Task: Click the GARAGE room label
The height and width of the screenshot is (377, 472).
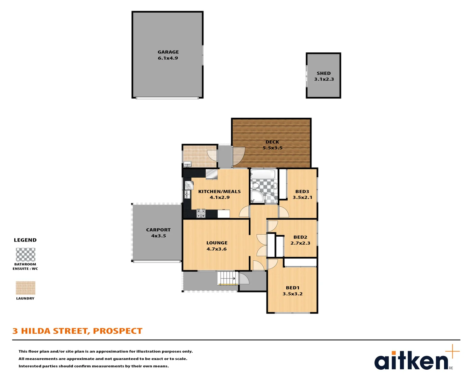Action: pyautogui.click(x=168, y=52)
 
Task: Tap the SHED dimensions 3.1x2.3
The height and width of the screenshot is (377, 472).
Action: pyautogui.click(x=324, y=79)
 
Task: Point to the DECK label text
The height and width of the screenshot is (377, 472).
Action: pyautogui.click(x=272, y=142)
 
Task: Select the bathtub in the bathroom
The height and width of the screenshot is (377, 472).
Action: pyautogui.click(x=263, y=174)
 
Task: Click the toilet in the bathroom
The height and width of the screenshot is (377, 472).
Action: pyautogui.click(x=256, y=185)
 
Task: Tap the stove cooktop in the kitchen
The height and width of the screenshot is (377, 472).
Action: pyautogui.click(x=201, y=213)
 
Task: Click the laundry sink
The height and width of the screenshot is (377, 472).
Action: pyautogui.click(x=187, y=164)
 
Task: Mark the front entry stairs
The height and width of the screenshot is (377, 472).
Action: pyautogui.click(x=226, y=278)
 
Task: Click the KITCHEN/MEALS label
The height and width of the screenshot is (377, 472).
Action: pyautogui.click(x=219, y=191)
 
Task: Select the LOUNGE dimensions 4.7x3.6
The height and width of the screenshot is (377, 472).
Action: pyautogui.click(x=216, y=249)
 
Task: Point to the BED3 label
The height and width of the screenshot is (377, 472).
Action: pyautogui.click(x=302, y=191)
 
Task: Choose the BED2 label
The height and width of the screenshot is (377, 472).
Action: pyautogui.click(x=300, y=237)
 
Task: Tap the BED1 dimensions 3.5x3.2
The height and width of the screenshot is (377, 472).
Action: pyautogui.click(x=292, y=294)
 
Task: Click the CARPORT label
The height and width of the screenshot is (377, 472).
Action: pyautogui.click(x=158, y=230)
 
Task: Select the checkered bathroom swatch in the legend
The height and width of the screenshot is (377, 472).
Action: pyautogui.click(x=26, y=254)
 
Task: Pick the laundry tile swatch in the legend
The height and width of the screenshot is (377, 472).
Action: pyautogui.click(x=26, y=288)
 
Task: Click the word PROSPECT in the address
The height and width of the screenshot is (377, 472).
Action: pyautogui.click(x=117, y=331)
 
